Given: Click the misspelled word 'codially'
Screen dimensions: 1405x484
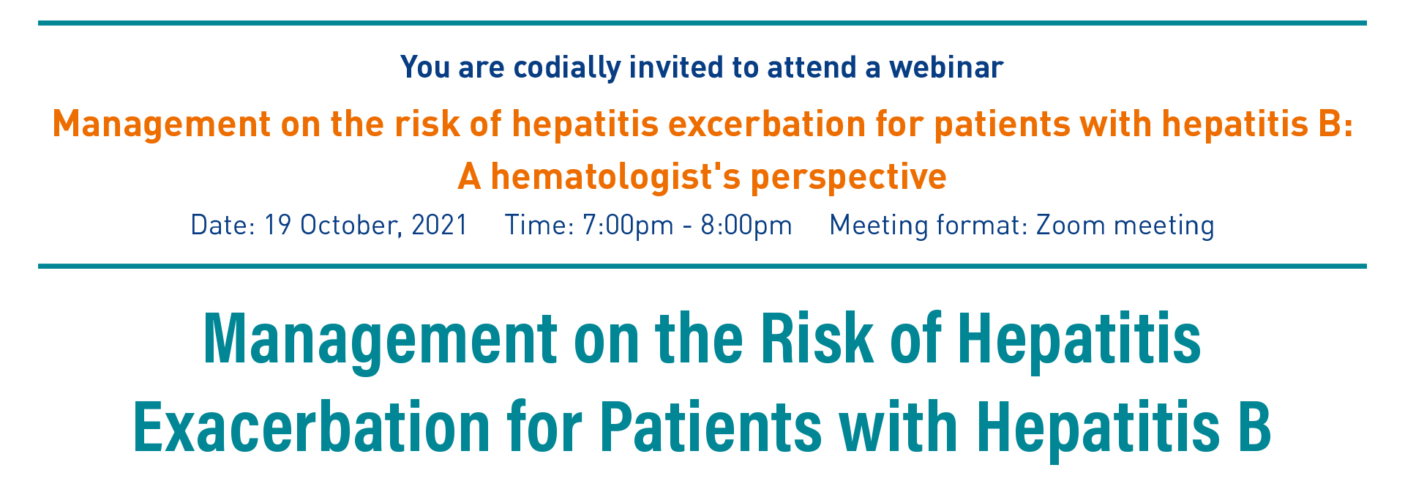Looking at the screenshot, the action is [x=566, y=68].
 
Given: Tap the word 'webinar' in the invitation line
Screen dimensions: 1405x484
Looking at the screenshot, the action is [x=946, y=67].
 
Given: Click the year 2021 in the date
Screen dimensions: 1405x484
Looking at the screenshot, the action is [x=440, y=224].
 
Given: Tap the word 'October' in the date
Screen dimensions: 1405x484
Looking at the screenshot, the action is [x=351, y=224].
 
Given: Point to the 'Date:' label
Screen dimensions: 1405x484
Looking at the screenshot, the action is [x=222, y=224].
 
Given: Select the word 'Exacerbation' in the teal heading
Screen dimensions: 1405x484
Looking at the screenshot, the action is [x=311, y=427].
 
